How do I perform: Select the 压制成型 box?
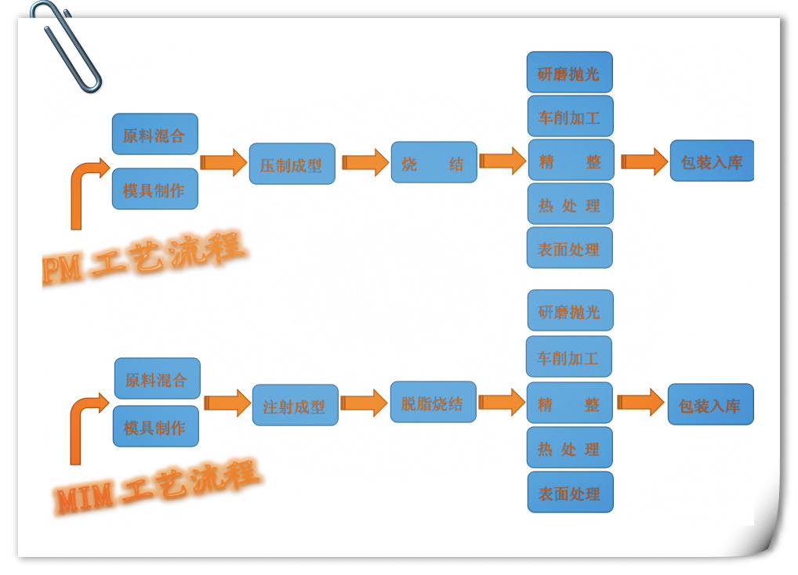[x=292, y=165]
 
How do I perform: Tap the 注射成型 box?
[x=295, y=406]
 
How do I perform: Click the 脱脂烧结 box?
[x=433, y=403]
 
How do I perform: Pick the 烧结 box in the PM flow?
[x=433, y=163]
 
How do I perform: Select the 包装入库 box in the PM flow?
[x=711, y=161]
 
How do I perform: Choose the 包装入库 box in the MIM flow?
[x=709, y=405]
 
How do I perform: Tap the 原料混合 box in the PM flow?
[x=154, y=135]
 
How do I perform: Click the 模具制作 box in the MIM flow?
[x=155, y=427]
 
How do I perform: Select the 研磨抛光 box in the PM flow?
[x=569, y=73]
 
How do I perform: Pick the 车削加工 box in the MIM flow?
[x=568, y=357]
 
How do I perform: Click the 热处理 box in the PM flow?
[x=570, y=204]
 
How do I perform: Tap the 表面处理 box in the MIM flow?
[x=570, y=493]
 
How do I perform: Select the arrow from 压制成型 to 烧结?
[x=365, y=162]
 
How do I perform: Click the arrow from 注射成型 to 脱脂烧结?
[x=364, y=403]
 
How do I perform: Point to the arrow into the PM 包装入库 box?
[x=644, y=161]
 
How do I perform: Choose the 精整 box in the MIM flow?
[x=569, y=403]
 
